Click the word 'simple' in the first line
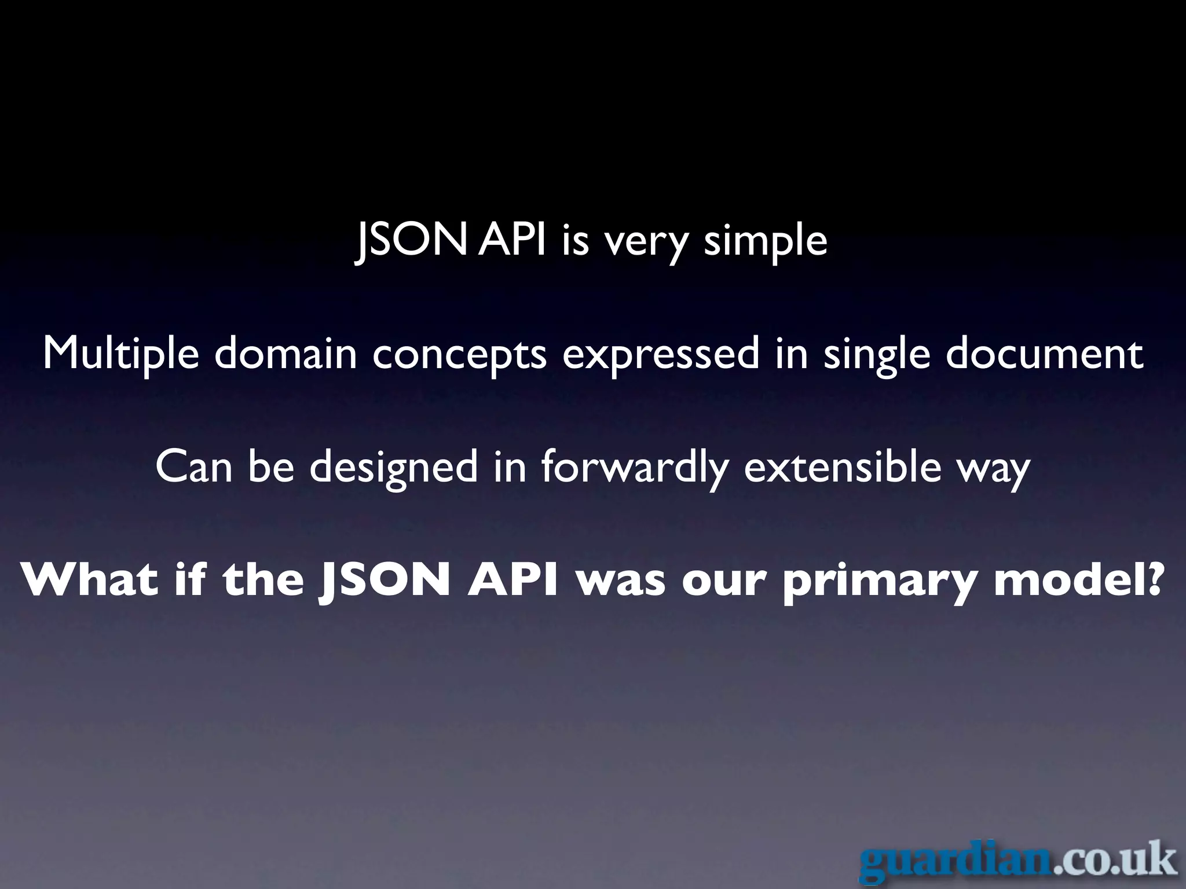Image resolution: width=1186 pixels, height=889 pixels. pyautogui.click(x=766, y=242)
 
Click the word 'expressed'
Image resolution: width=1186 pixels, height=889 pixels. pyautogui.click(x=660, y=354)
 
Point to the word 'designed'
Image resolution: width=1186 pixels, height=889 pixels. pyautogui.click(x=394, y=468)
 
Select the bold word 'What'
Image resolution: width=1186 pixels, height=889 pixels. pyautogui.click(x=89, y=580)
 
